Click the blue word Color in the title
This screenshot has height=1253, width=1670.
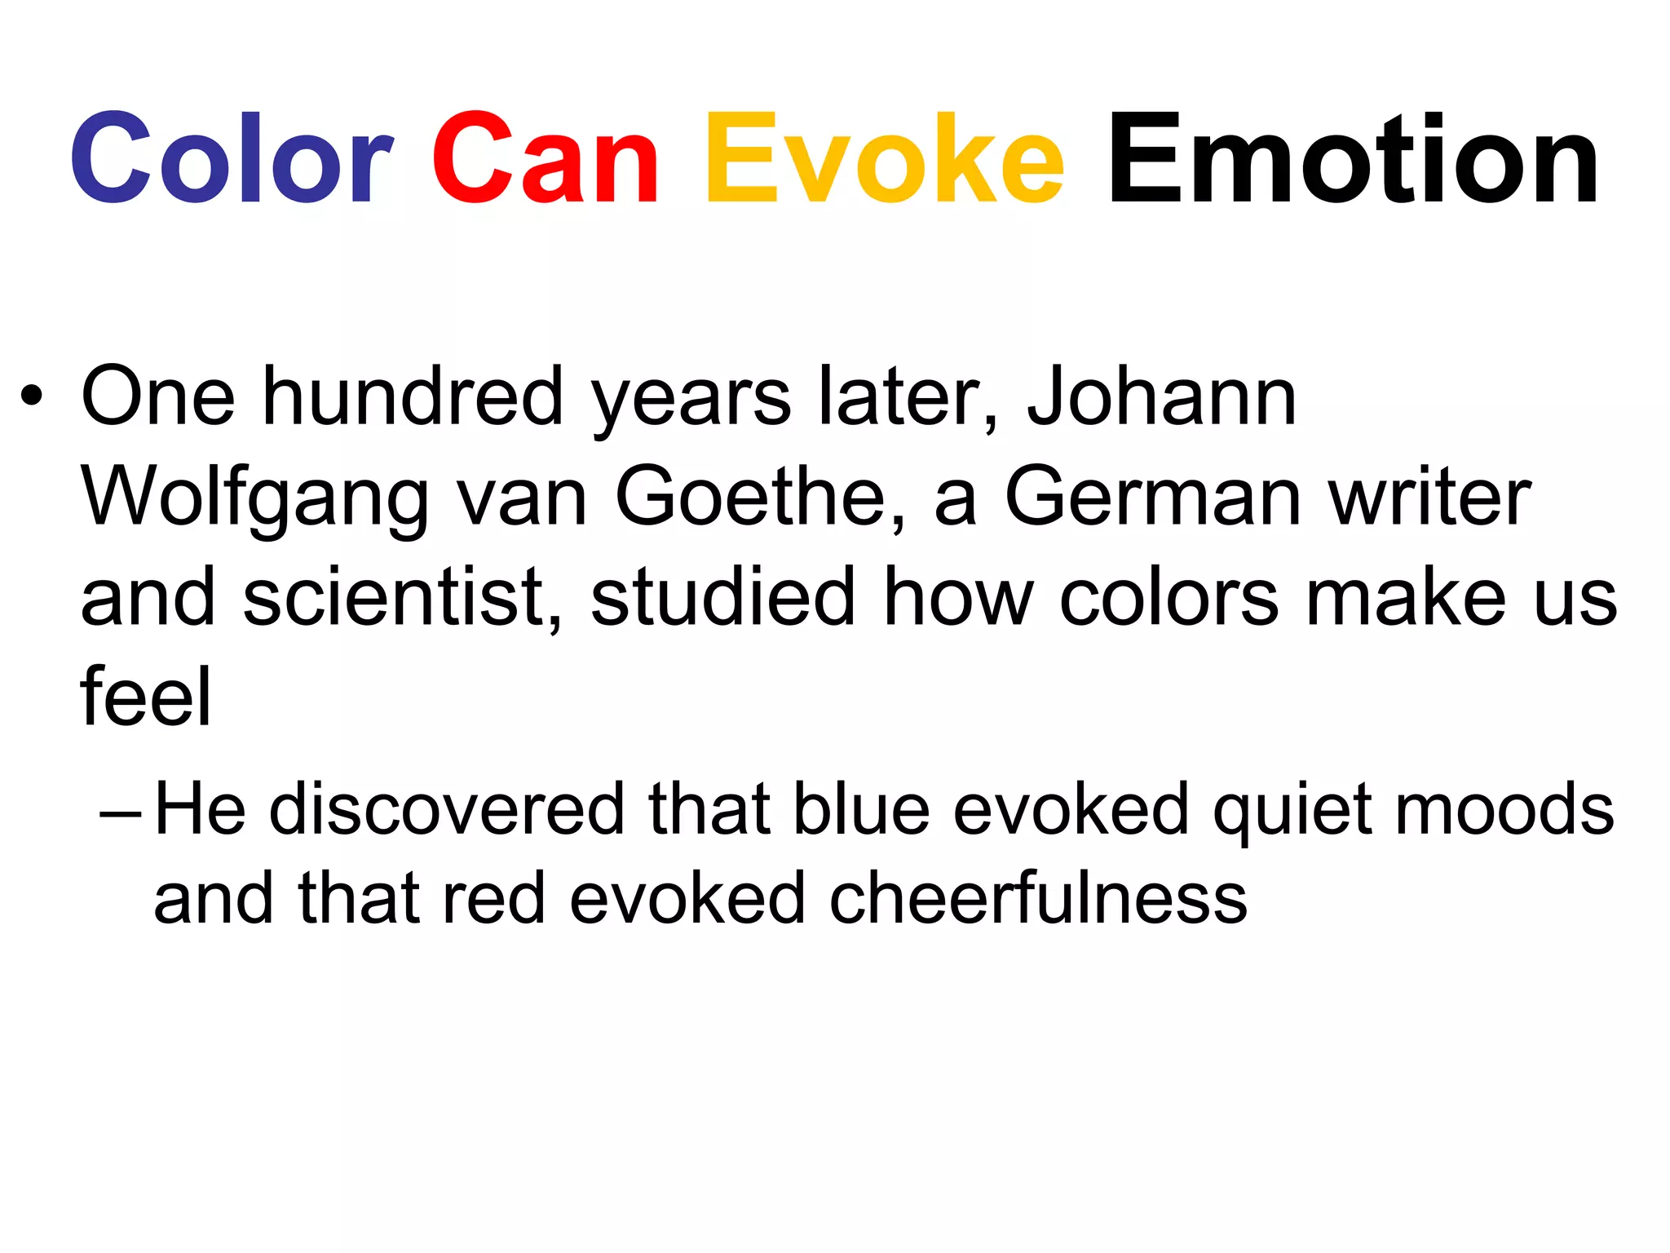click(x=232, y=158)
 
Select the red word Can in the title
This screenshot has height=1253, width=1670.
click(x=545, y=158)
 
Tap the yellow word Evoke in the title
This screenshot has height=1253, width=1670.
click(x=884, y=158)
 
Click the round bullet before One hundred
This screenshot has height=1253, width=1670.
click(x=32, y=397)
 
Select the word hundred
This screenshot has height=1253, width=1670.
click(x=413, y=397)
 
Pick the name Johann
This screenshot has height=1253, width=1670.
click(x=1161, y=397)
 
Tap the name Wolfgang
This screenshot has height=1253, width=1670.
click(x=254, y=499)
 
